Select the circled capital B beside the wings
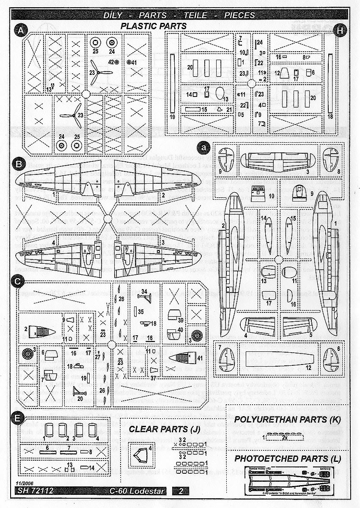(x=18, y=164)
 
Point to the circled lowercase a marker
(x=204, y=147)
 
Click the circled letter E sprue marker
(x=17, y=418)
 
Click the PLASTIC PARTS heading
(x=153, y=26)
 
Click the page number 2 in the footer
(x=181, y=491)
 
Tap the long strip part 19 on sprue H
(x=172, y=82)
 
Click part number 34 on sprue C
(x=144, y=291)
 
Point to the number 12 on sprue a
(x=308, y=367)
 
